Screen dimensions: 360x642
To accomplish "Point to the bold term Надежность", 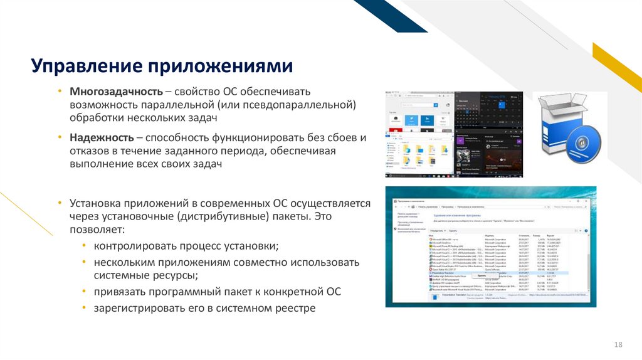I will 102,137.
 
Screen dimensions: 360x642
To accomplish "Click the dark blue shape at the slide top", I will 389,14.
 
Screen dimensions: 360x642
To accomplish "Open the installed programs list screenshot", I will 490,246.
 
